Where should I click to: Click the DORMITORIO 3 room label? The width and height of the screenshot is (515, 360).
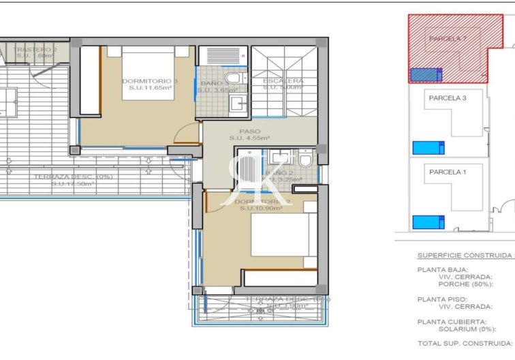pos(150,81)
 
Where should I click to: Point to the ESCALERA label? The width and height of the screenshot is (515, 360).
pos(283,81)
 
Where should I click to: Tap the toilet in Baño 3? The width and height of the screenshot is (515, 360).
pos(232,79)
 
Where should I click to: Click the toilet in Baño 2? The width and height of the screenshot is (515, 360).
pos(305,160)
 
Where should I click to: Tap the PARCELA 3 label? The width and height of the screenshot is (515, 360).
pos(448,98)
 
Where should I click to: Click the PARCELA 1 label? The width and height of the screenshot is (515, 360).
pos(448,172)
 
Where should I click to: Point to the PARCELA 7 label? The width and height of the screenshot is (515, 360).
pos(448,39)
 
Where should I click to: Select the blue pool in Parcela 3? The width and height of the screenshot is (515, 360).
pos(428,147)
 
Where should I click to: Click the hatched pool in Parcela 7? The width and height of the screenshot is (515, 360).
pos(426,74)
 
